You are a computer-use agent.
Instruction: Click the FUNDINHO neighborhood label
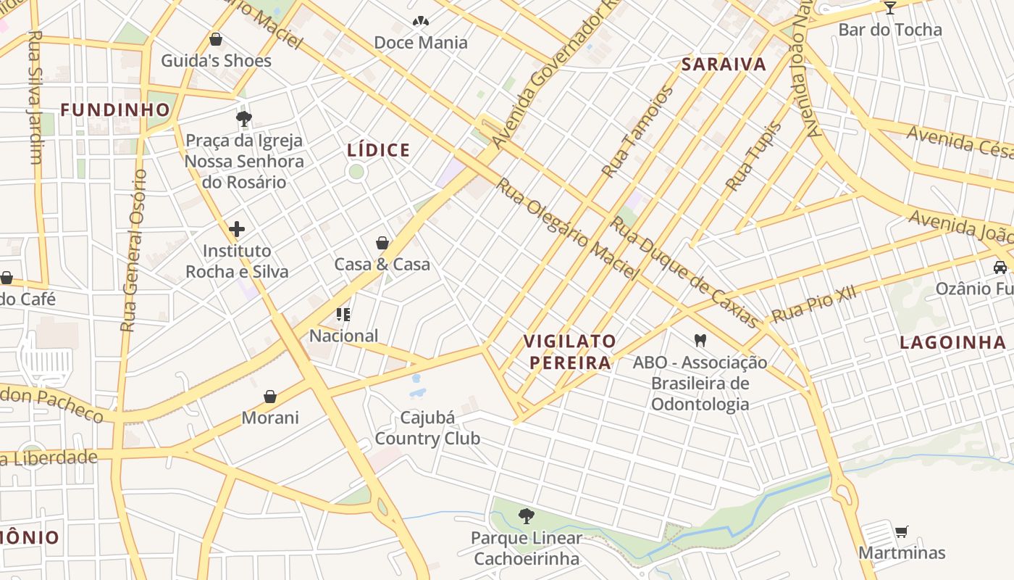[x=115, y=110]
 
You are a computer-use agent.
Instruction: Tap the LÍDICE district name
[x=379, y=150]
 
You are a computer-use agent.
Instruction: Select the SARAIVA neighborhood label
[x=724, y=65]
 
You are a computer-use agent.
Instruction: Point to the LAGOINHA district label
[x=952, y=343]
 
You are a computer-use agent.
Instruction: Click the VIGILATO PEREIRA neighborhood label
[x=570, y=352]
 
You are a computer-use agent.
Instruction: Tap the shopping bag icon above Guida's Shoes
[x=215, y=39]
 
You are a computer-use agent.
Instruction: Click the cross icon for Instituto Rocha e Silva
[x=237, y=230]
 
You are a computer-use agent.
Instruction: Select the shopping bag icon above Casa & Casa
[x=382, y=243]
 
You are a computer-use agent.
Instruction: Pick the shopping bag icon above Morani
[x=270, y=397]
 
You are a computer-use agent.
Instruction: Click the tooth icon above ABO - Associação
[x=700, y=339]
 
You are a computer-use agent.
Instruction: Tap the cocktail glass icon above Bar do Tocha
[x=890, y=8]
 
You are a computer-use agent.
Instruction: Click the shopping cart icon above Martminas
[x=901, y=532]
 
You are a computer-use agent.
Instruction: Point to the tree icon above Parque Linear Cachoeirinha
[x=527, y=516]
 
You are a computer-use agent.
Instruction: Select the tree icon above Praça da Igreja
[x=244, y=118]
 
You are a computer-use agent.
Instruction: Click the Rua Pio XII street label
[x=814, y=304]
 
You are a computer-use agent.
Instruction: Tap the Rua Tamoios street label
[x=637, y=132]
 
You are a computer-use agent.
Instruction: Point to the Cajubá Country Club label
[x=427, y=428]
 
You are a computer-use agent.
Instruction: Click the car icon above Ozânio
[x=1000, y=267]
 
